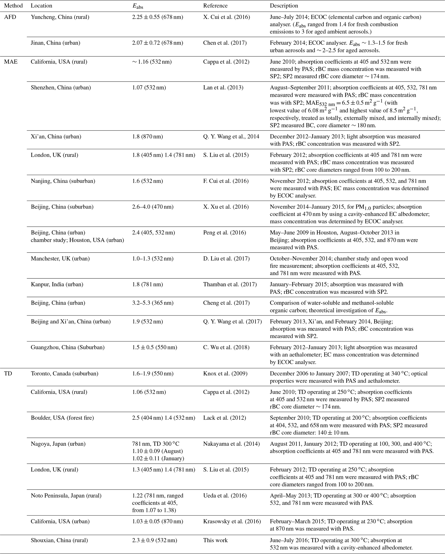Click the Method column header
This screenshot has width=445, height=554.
coord(13,6)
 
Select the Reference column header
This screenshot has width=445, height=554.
coord(215,6)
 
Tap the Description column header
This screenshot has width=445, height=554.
coord(284,6)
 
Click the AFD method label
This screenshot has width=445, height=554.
coord(10,17)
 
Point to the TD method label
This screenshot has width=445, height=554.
coord(8,374)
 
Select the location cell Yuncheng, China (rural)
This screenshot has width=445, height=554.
coord(60,17)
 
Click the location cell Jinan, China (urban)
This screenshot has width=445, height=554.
coord(55,43)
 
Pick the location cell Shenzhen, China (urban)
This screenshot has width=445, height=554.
coord(61,88)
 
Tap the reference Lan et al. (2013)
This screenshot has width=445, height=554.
coord(223,88)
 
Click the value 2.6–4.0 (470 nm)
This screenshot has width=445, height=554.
coord(153,207)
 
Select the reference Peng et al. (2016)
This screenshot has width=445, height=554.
coord(224,233)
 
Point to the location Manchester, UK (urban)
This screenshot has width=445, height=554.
coord(60,259)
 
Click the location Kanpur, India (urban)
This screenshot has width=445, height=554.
coord(57,284)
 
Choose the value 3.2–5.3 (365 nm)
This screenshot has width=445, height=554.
coord(153,303)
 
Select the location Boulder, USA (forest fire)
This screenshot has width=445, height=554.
coord(62,418)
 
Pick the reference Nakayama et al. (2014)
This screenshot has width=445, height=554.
coord(231,444)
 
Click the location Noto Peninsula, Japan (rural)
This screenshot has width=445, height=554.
coord(66,496)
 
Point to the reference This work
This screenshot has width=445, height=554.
coord(215,540)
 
